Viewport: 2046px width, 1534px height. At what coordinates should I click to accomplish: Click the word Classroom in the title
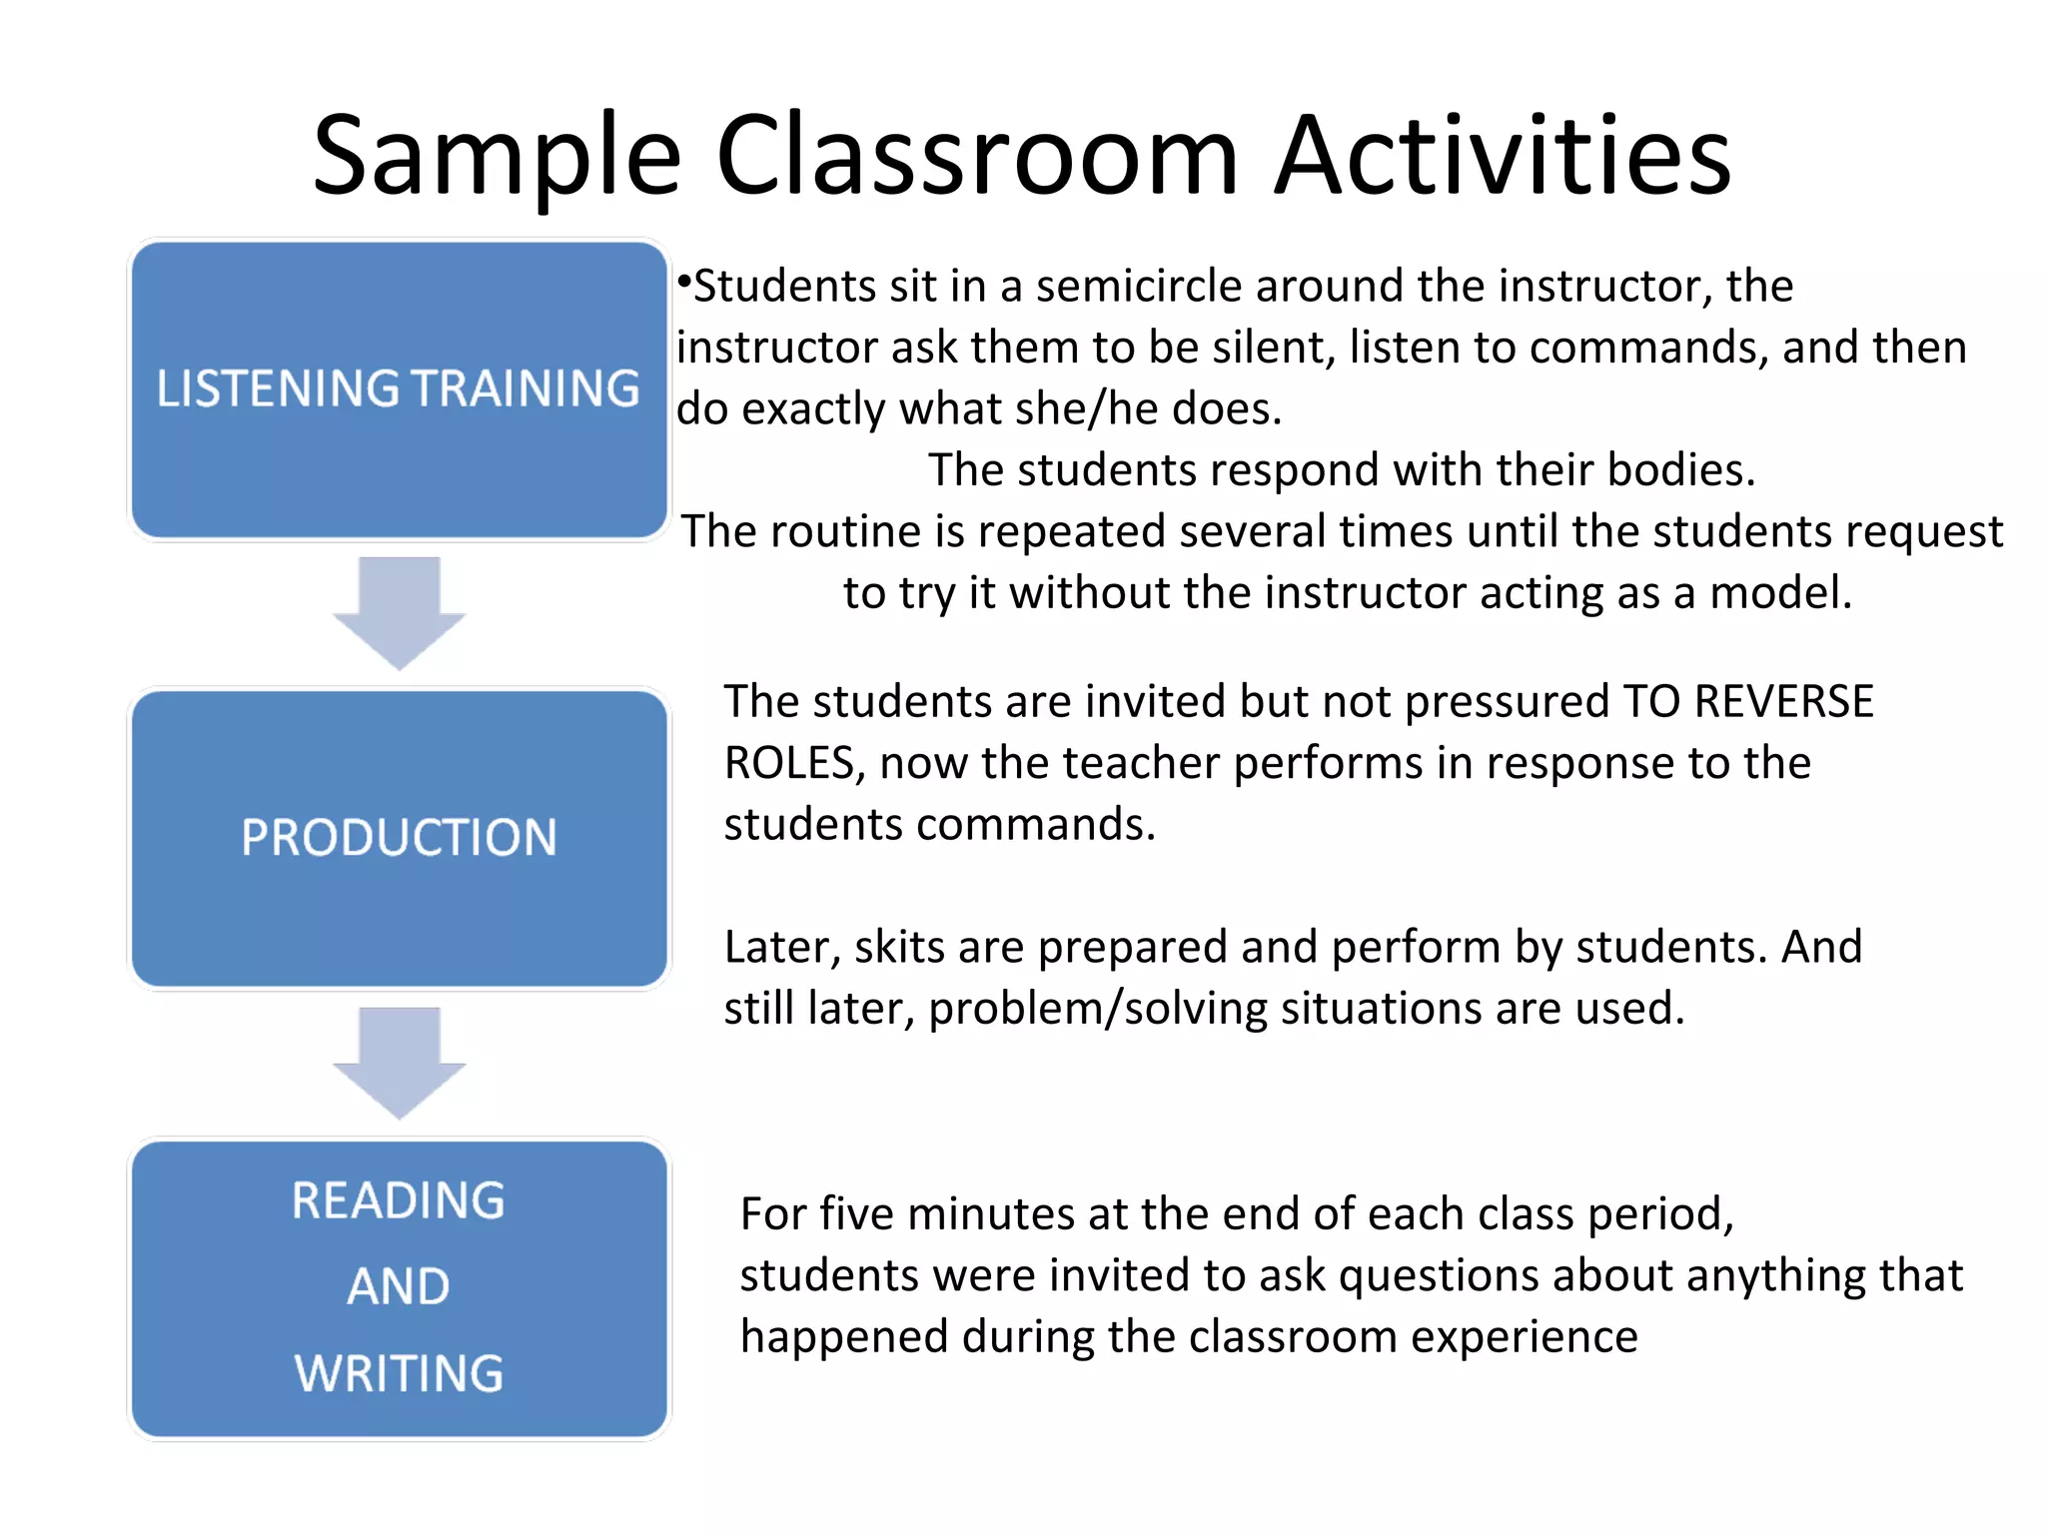[x=977, y=155]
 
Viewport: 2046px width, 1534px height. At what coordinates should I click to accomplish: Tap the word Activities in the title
[x=1503, y=155]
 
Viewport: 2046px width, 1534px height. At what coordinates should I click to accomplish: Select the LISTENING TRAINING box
[x=399, y=389]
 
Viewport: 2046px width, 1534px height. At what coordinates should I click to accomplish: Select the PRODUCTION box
[x=399, y=838]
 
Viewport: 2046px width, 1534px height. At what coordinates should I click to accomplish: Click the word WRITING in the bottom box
[x=399, y=1373]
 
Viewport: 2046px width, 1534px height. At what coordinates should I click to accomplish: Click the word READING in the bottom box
[x=399, y=1200]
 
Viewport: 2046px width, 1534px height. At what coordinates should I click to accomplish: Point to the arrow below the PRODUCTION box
[x=399, y=1062]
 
